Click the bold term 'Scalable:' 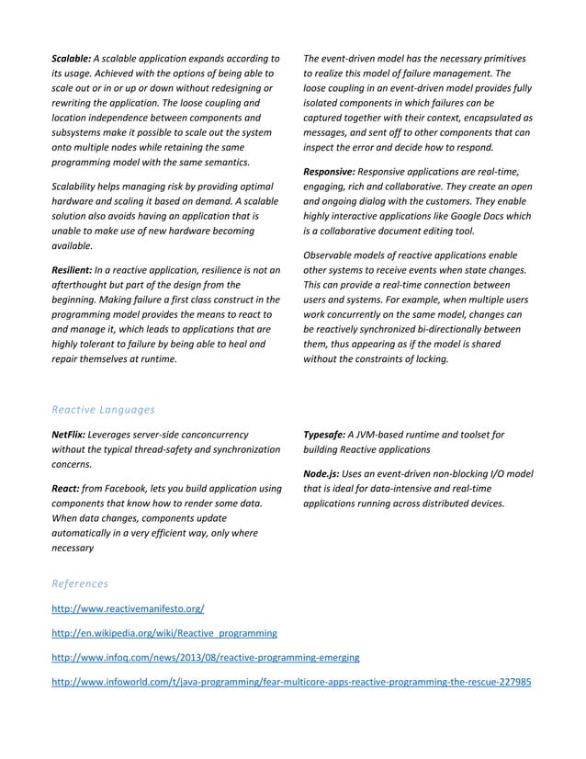72,59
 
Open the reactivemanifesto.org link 128,609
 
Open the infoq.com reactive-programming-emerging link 205,658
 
